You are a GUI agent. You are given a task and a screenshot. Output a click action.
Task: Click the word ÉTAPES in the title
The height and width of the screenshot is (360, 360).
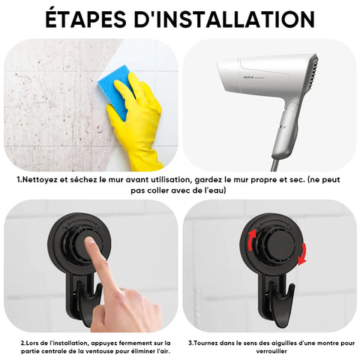[x=85, y=19]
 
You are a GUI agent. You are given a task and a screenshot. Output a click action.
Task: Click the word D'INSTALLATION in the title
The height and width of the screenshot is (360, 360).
[x=224, y=19]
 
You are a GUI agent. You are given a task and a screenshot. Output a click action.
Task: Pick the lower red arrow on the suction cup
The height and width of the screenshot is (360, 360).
[x=302, y=253]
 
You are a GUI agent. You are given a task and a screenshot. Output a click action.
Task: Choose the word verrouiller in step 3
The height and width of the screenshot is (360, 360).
[x=271, y=351]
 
